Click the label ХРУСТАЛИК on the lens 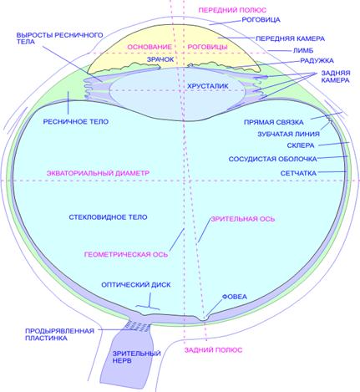point(207,86)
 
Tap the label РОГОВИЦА point(261,20)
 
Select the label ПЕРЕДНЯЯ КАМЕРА point(290,38)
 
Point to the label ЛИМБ point(303,50)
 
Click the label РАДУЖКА point(317,60)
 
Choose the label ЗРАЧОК point(160,59)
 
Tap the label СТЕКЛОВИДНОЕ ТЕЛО point(108,217)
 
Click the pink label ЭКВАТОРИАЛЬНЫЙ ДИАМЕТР point(98,173)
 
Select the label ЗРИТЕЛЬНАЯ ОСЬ point(243,219)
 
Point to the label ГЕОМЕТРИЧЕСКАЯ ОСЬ point(126,254)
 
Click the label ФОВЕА point(235,297)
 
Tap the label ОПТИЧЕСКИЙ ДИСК point(136,285)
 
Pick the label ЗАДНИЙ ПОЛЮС point(213,350)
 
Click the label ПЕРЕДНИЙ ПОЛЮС point(232,10)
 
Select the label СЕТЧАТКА point(298,173)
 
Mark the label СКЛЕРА point(301,145)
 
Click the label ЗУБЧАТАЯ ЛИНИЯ point(288,134)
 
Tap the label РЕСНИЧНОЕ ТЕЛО point(76,121)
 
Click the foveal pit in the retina point(205,319)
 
